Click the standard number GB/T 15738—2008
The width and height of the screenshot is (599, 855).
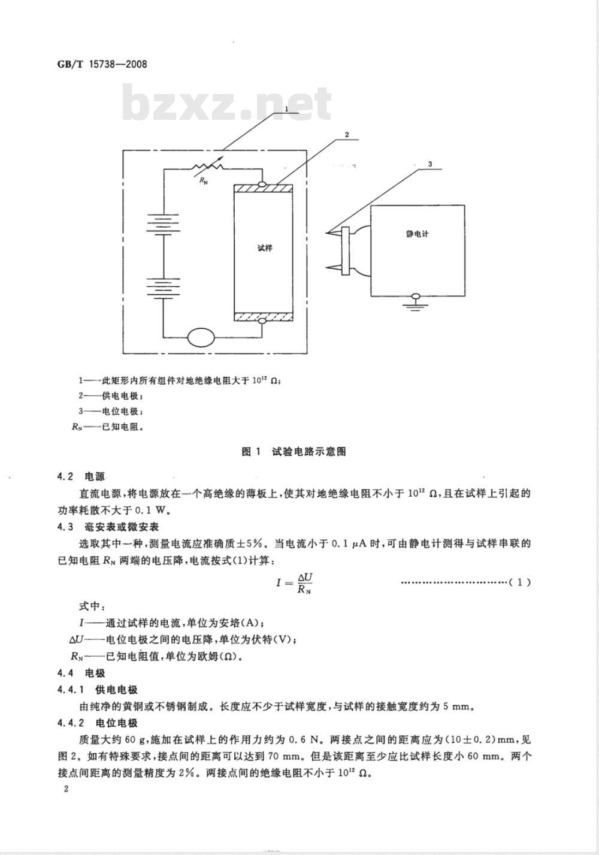(x=102, y=64)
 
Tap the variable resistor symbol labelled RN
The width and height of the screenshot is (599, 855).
(x=208, y=166)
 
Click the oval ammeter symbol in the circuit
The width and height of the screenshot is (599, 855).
(x=201, y=337)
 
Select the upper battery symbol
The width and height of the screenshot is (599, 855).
(x=164, y=223)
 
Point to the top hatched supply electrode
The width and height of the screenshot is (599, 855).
(x=263, y=189)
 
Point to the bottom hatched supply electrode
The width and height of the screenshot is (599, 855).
(x=263, y=317)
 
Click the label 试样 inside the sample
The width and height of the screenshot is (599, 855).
(x=265, y=247)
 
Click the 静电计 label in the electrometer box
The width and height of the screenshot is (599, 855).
(x=417, y=234)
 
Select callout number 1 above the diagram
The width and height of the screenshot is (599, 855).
(x=286, y=109)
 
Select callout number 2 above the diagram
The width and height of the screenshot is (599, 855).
(x=346, y=135)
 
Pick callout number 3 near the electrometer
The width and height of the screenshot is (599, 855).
(x=430, y=164)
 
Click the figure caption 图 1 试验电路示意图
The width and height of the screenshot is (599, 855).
(x=294, y=452)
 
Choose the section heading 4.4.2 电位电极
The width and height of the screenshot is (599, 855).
(x=98, y=723)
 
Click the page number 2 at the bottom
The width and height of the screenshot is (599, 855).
(x=66, y=789)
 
